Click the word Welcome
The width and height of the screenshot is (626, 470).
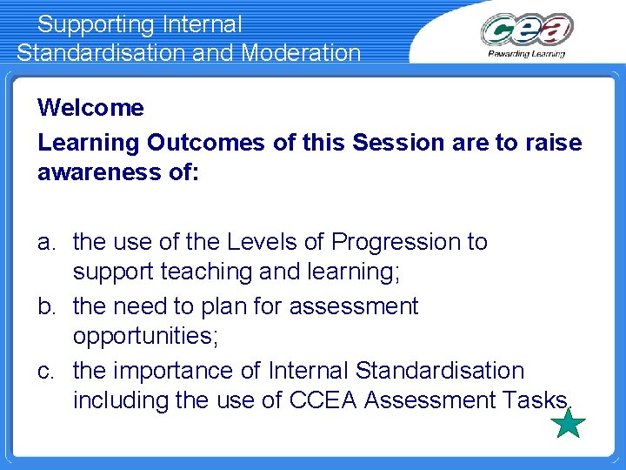coord(90,108)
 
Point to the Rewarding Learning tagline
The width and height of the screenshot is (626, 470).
coord(526,53)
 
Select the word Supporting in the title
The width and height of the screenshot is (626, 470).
coord(95,24)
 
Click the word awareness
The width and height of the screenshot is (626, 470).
coord(97,173)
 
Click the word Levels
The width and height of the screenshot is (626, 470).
coord(259,241)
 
